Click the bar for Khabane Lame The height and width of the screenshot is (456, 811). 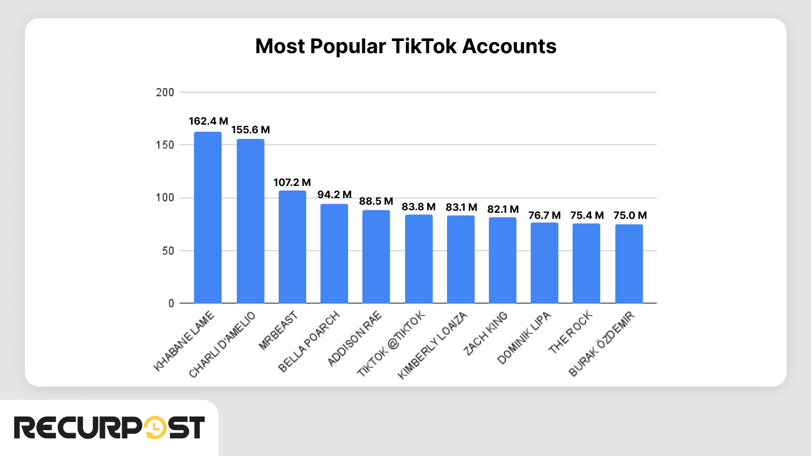coord(208,218)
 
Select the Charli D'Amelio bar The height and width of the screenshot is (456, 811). coord(250,221)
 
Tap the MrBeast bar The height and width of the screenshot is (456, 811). coord(292,247)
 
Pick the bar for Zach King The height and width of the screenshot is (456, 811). coord(502,260)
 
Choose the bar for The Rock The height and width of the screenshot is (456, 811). coord(586,263)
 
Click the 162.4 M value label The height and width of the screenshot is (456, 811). coord(208,121)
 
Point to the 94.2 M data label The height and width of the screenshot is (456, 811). coord(335,195)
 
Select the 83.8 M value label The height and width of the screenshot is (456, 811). coord(419,207)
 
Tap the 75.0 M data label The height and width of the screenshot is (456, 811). coord(630,215)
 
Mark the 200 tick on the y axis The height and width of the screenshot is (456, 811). coord(165,92)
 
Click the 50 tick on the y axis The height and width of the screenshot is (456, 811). coord(168,251)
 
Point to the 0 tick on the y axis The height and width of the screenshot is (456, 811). coord(171,303)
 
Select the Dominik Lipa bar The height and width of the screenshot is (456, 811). coord(544,263)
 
